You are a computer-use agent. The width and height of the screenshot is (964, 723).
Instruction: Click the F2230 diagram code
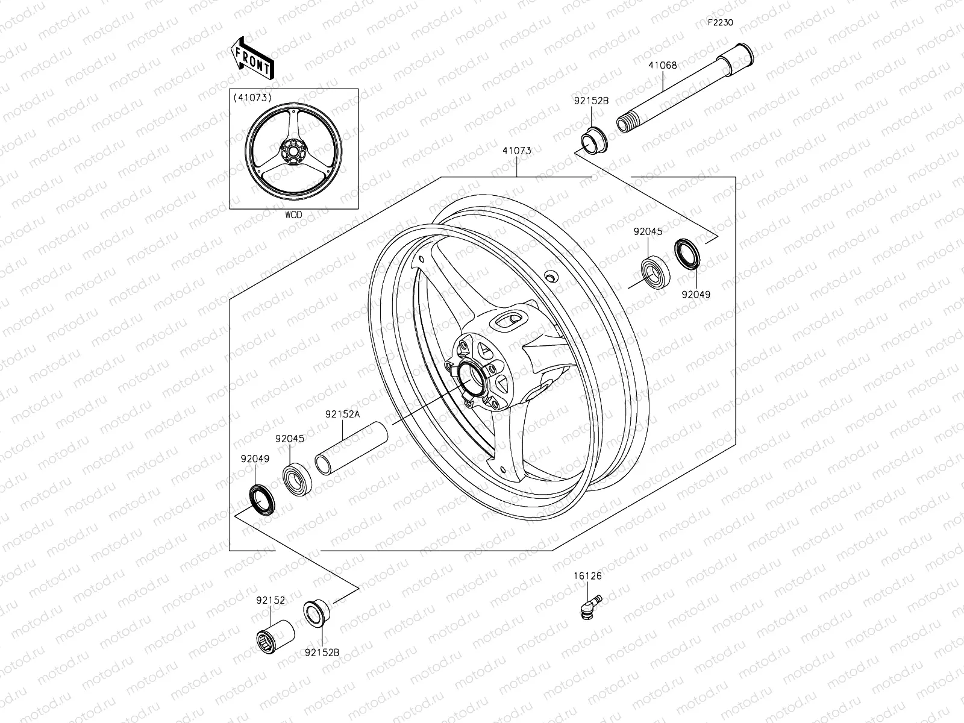(x=721, y=23)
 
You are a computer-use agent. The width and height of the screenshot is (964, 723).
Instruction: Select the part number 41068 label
(x=663, y=65)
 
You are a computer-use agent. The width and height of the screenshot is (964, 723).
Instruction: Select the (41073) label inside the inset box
(x=252, y=97)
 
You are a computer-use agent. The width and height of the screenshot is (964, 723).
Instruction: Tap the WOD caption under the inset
(x=293, y=214)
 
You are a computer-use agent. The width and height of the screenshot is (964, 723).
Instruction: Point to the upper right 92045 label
(x=648, y=231)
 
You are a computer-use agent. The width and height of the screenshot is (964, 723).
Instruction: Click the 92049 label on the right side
(x=696, y=295)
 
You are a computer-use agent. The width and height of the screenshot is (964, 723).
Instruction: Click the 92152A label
(x=342, y=414)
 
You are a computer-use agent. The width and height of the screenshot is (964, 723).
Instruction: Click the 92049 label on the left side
(x=255, y=459)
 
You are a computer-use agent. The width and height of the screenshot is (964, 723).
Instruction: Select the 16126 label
(x=587, y=575)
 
